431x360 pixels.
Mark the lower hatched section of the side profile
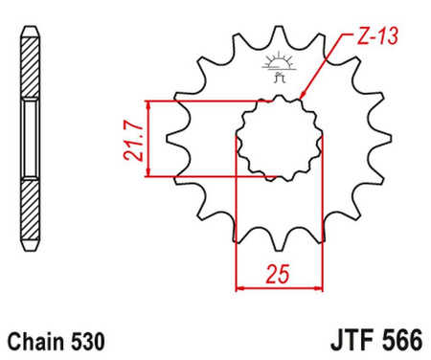click(29, 207)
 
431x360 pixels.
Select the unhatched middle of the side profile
click(29, 138)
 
